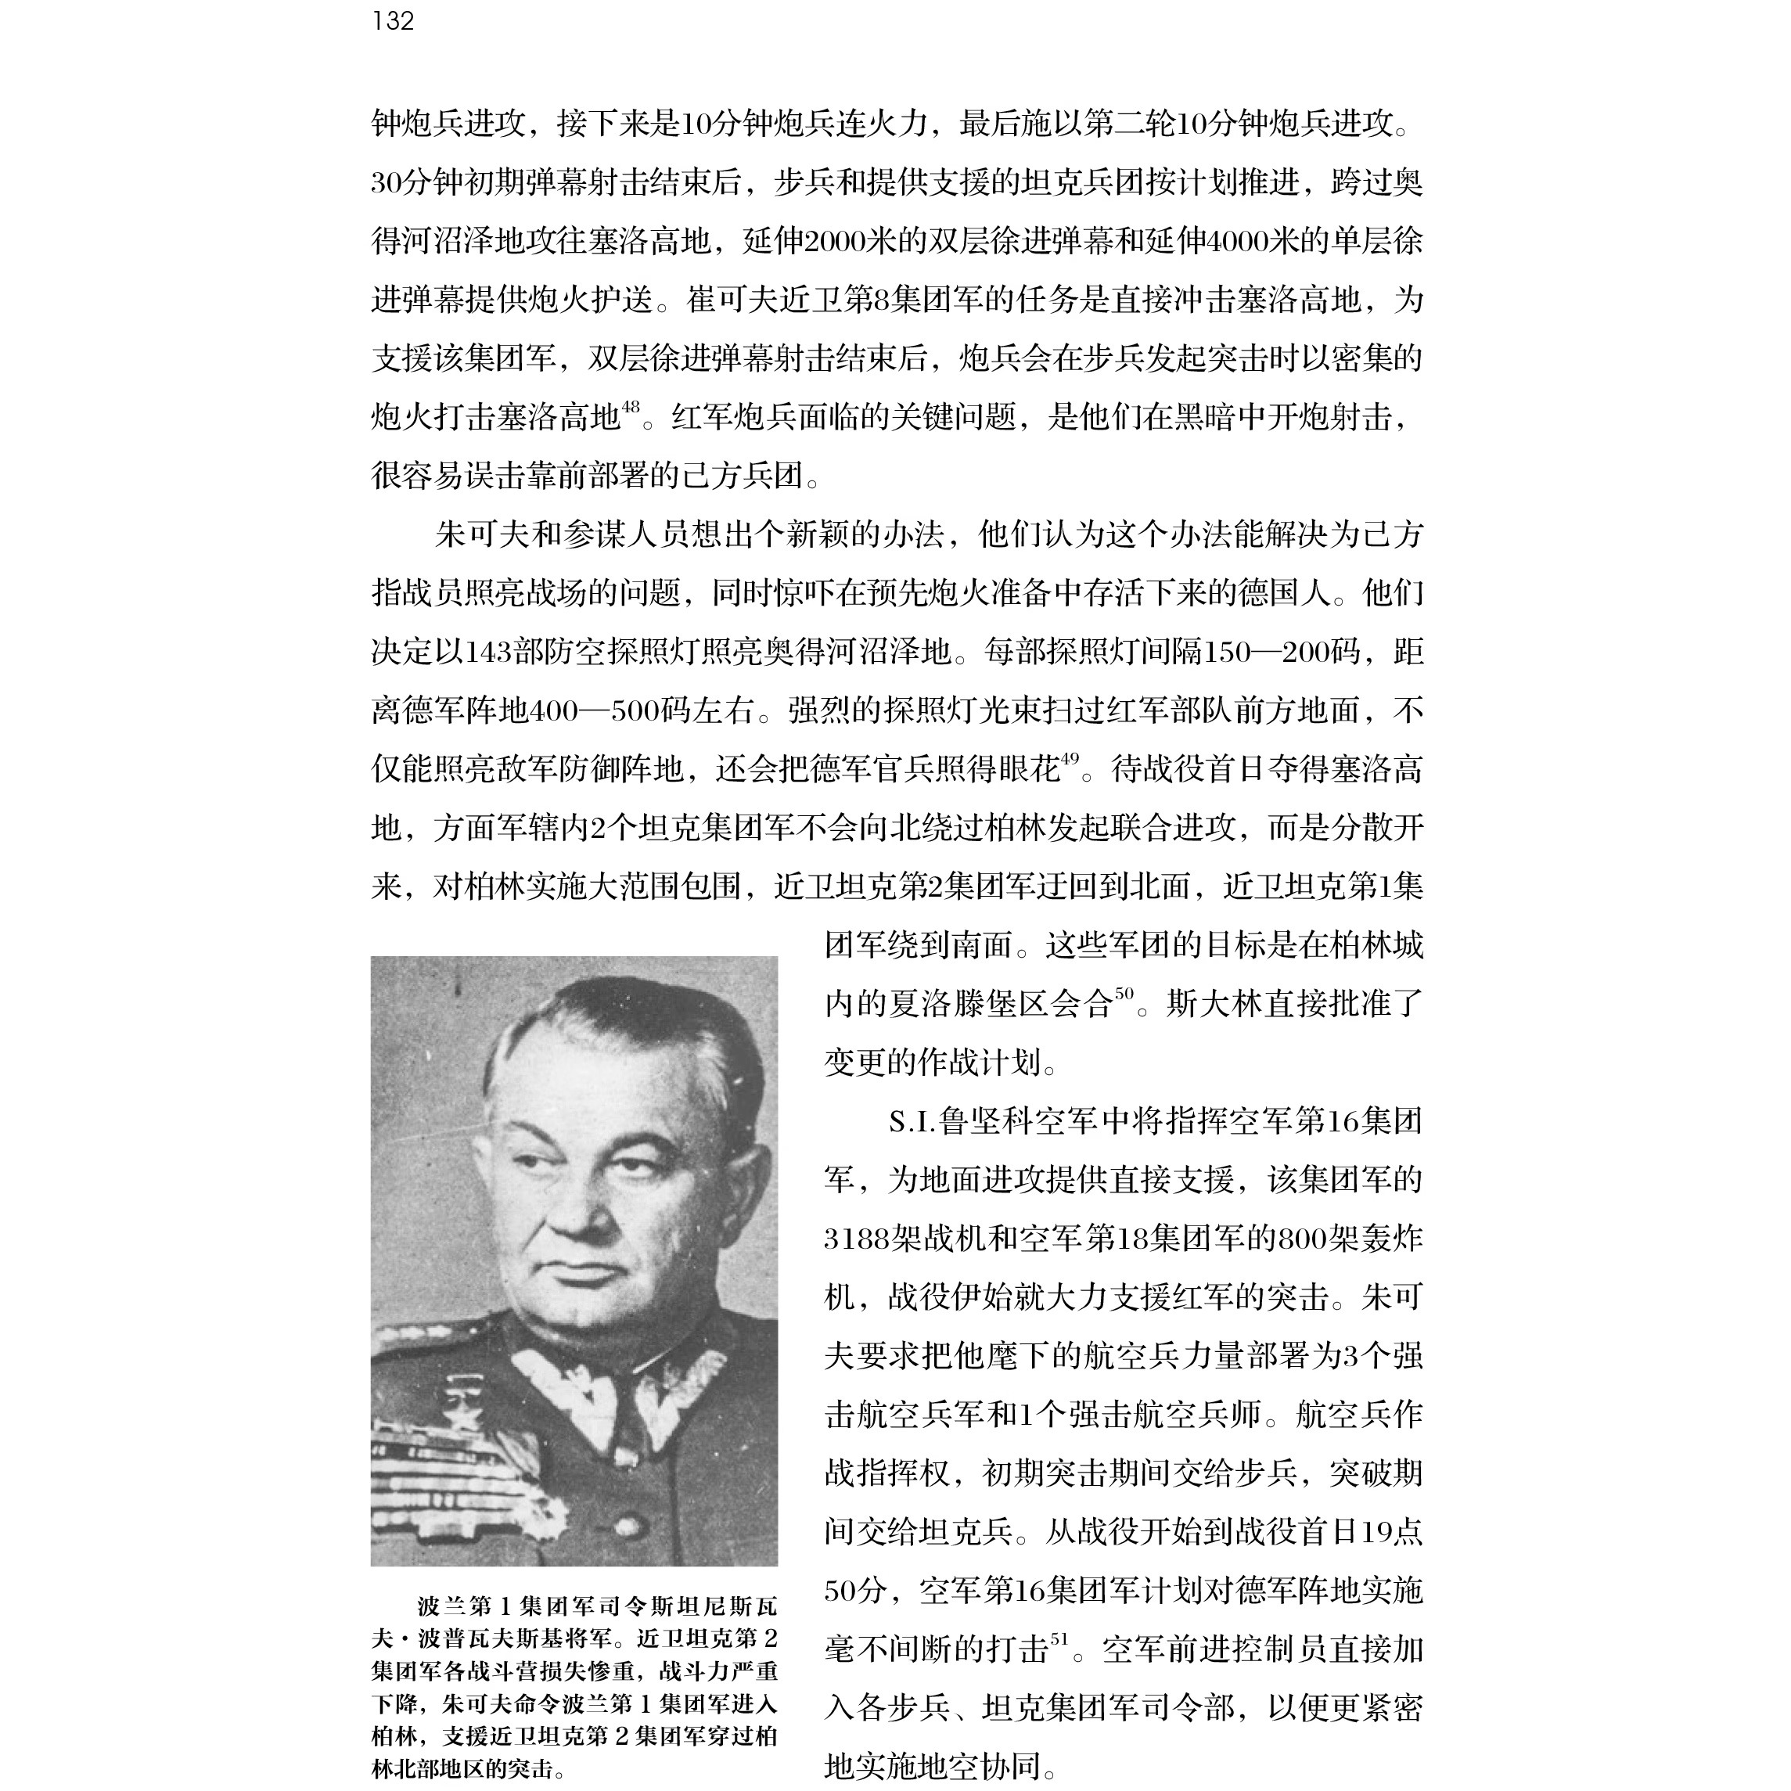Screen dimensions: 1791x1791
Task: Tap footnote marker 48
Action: tap(631, 407)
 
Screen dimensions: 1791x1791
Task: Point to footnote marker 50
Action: tap(1124, 994)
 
